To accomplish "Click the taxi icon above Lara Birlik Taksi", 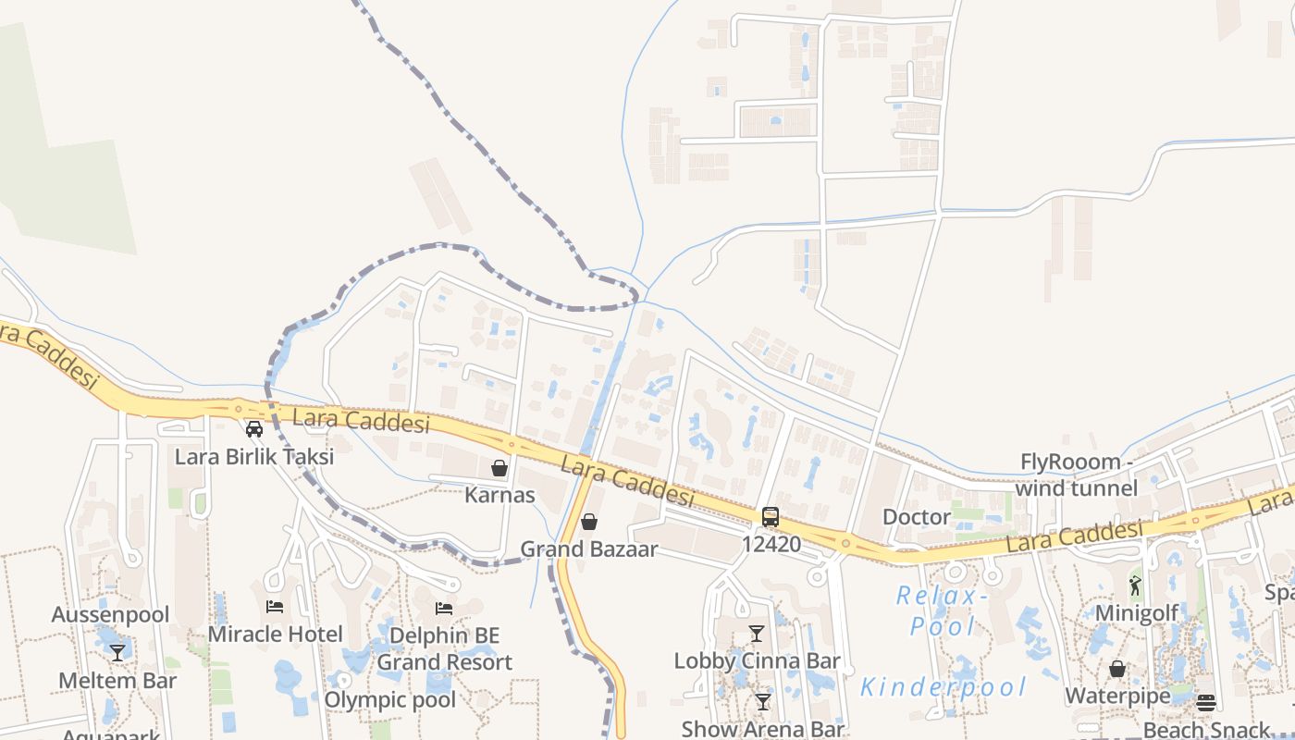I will point(254,429).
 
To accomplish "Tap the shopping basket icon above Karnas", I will point(499,468).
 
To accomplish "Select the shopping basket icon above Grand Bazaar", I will point(589,522).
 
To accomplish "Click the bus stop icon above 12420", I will point(771,517).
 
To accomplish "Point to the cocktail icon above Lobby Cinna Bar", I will point(757,634).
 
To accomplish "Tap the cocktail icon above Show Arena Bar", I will point(763,702).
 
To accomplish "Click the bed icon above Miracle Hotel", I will point(275,607).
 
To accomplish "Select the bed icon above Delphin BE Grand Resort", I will point(444,609).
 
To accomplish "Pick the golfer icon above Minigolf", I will point(1136,586).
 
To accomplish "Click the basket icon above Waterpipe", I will point(1117,668).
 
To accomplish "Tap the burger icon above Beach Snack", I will point(1205,703).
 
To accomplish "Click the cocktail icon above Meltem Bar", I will point(117,653).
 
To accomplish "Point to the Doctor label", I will point(917,517).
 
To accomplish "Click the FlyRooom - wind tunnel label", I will point(1077,475).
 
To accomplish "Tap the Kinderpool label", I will point(943,687).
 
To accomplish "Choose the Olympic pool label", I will point(389,699).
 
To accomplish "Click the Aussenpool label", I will point(110,615).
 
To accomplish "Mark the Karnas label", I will point(499,495).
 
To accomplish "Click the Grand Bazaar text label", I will point(589,549).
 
